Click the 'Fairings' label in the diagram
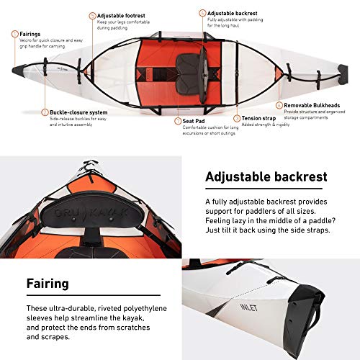(30, 33)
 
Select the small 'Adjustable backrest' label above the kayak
(233, 13)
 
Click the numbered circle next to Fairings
(15, 33)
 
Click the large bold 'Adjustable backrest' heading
(266, 176)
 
